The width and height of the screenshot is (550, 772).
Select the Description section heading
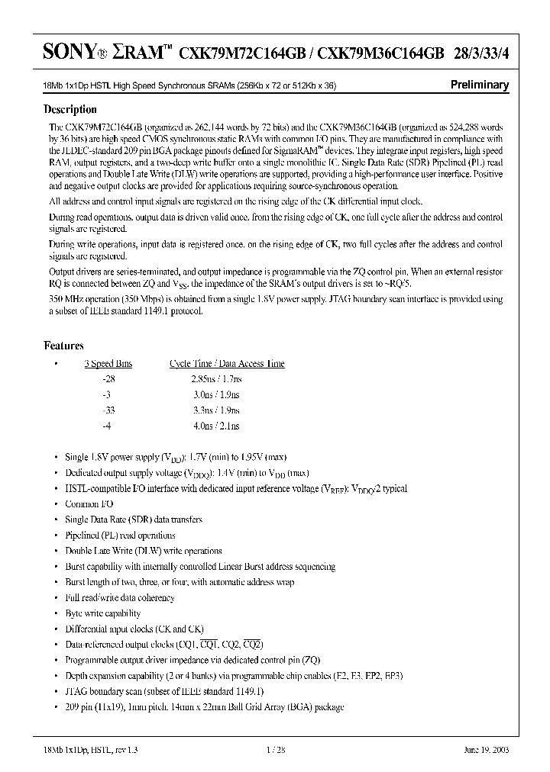coord(75,108)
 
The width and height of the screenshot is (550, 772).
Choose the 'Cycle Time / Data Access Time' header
coord(227,363)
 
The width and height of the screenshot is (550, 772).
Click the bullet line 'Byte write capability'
coord(103,613)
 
